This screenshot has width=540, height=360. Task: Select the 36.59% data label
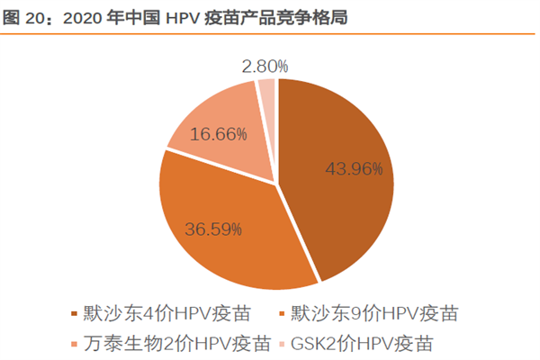click(x=212, y=229)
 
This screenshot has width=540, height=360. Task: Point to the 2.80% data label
click(x=265, y=66)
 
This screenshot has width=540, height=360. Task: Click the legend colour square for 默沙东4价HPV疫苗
click(x=74, y=315)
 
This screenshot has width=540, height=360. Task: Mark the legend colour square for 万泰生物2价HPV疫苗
click(x=74, y=344)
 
